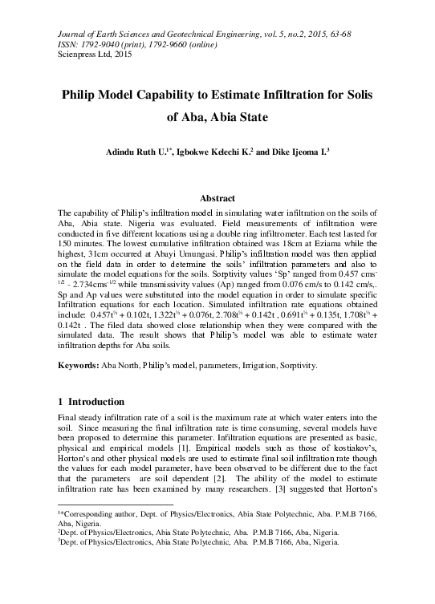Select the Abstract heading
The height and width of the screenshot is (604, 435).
217,198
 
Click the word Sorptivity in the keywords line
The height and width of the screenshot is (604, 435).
295,366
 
